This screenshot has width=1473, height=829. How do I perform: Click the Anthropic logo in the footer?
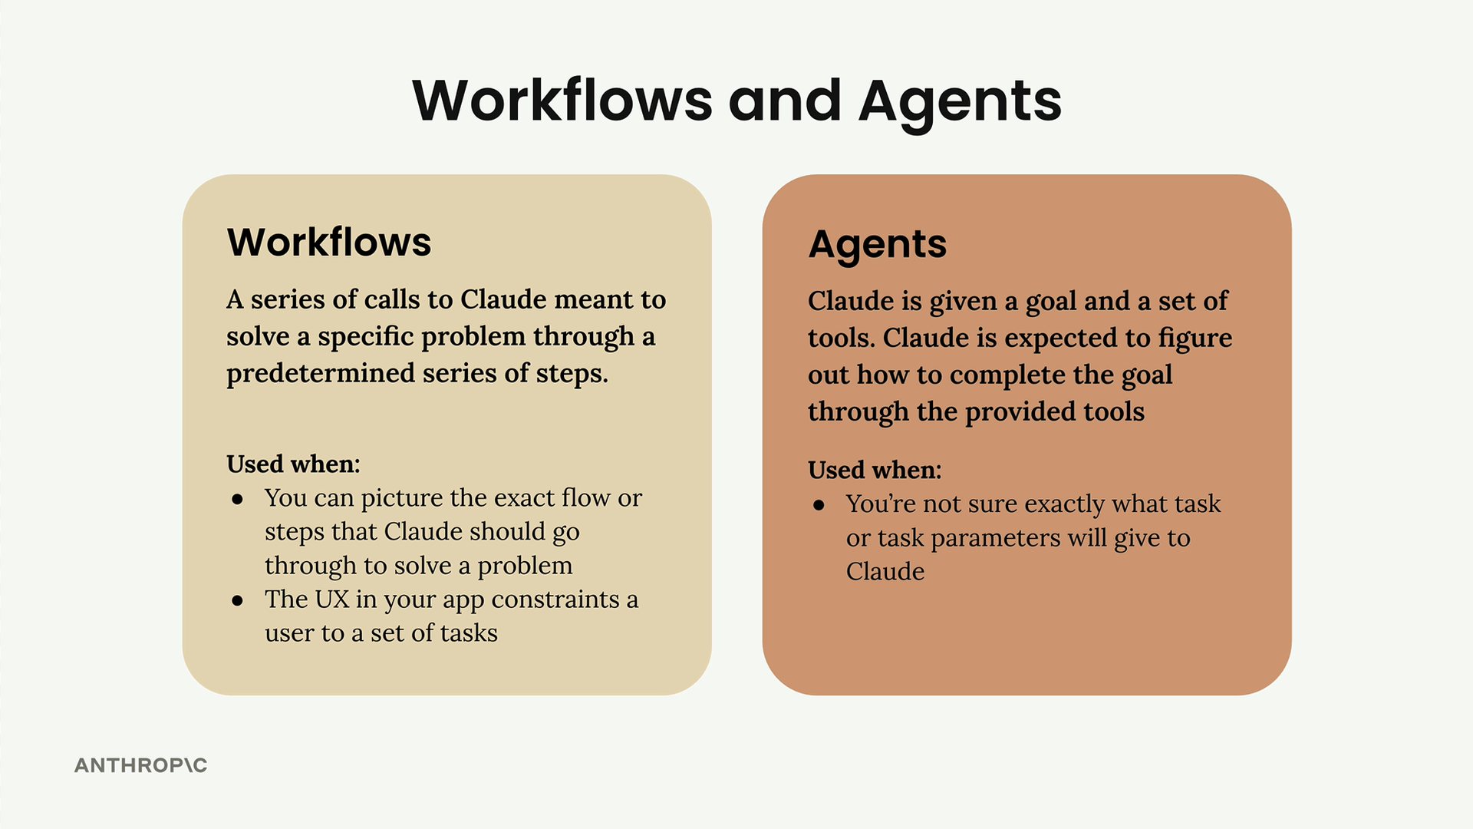click(x=140, y=765)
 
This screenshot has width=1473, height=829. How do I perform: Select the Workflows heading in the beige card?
click(x=329, y=242)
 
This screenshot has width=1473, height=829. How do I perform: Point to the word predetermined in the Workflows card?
click(x=320, y=373)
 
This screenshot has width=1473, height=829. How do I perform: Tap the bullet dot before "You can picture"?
click(x=238, y=500)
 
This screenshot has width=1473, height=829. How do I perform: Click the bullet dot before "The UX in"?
click(x=238, y=601)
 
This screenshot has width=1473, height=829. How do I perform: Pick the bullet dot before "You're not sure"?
click(x=819, y=506)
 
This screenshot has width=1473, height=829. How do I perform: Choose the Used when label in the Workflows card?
click(x=293, y=464)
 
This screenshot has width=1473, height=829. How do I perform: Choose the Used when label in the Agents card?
click(x=875, y=470)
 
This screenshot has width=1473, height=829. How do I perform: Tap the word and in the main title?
click(x=785, y=101)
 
